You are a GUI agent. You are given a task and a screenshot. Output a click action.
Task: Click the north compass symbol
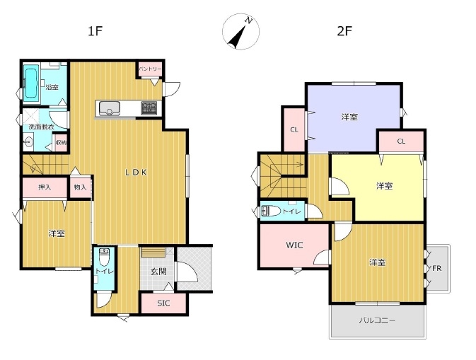[240, 32]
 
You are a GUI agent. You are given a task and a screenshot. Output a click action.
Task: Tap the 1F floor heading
[95, 31]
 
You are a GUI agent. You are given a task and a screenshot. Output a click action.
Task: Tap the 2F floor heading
[344, 31]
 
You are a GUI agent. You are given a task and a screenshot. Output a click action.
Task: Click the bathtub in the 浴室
[31, 83]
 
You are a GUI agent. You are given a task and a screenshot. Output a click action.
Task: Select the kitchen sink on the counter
[110, 108]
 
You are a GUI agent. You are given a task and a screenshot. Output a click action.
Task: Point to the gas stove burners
[149, 108]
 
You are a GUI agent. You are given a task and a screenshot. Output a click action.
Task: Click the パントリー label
[150, 69]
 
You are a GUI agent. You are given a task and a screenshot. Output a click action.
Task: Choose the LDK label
[137, 173]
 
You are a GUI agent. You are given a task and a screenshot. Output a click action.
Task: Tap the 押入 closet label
[45, 187]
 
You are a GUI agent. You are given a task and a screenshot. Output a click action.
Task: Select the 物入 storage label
[80, 187]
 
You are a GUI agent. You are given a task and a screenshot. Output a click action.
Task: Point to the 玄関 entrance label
[158, 272]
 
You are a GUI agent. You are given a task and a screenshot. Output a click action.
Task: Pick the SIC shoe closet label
[163, 303]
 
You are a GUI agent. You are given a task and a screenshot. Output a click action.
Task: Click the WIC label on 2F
[294, 245]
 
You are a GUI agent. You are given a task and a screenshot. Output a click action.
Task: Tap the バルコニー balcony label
[378, 320]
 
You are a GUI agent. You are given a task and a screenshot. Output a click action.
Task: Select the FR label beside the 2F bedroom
[437, 268]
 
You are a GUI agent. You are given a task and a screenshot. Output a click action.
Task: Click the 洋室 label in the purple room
[349, 117]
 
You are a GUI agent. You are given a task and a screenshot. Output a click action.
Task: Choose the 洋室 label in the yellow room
[384, 186]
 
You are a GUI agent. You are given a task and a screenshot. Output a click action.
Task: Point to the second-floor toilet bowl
[271, 211]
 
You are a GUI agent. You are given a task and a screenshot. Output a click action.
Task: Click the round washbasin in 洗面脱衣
[28, 141]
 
